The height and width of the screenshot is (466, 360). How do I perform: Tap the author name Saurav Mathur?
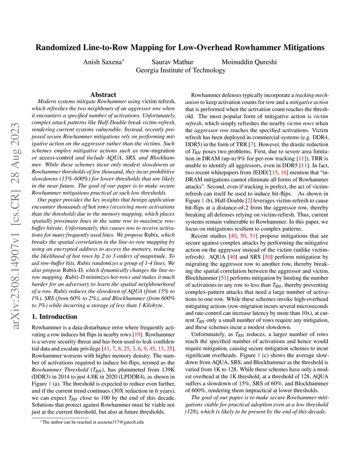[x=173, y=62]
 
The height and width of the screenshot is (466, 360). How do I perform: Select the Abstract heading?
[x=103, y=94]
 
